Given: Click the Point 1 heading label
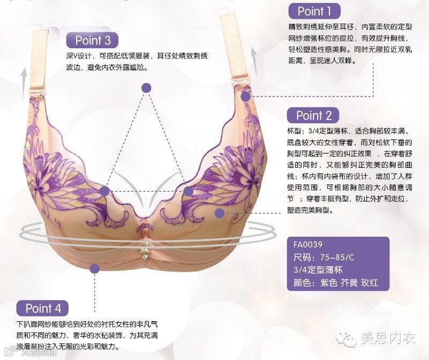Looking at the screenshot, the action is pyautogui.click(x=314, y=11).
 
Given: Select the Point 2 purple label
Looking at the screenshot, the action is pyautogui.click(x=314, y=115).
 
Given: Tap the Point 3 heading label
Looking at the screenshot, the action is pyautogui.click(x=93, y=40).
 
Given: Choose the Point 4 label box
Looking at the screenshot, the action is pyautogui.click(x=47, y=308).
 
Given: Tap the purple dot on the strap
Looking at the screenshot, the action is pyautogui.click(x=245, y=96).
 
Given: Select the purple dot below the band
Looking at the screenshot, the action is pyautogui.click(x=95, y=269).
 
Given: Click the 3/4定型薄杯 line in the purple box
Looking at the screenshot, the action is pyautogui.click(x=323, y=271).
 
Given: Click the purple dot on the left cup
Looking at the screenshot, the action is pyautogui.click(x=104, y=190).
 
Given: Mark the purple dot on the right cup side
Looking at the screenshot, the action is pyautogui.click(x=219, y=213).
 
